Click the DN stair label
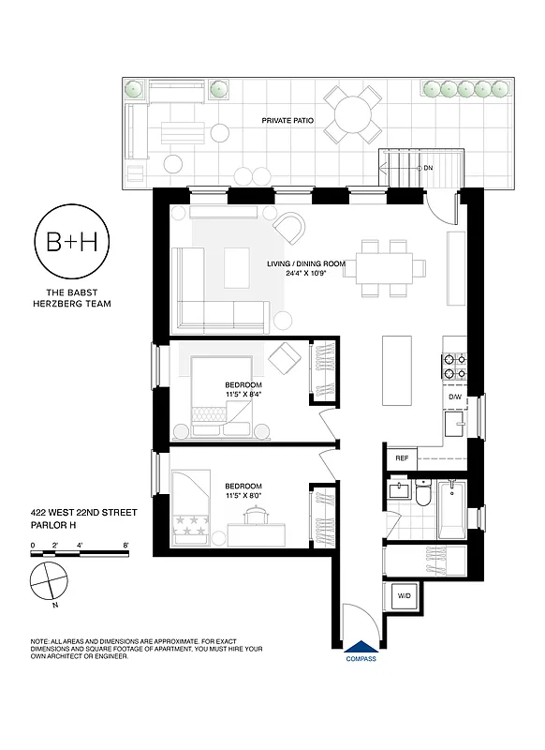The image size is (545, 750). [428, 168]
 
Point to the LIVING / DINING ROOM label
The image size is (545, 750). [306, 264]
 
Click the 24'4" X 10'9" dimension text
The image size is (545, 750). [306, 276]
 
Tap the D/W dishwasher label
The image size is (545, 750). [455, 397]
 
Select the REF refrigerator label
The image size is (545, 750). [402, 458]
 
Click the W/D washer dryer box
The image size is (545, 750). [405, 595]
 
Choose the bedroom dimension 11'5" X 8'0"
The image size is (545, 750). [243, 495]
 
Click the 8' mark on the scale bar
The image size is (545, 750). [125, 545]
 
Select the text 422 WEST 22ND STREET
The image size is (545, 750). [83, 513]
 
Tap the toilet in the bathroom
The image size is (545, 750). [423, 493]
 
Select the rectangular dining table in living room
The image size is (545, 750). [386, 264]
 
